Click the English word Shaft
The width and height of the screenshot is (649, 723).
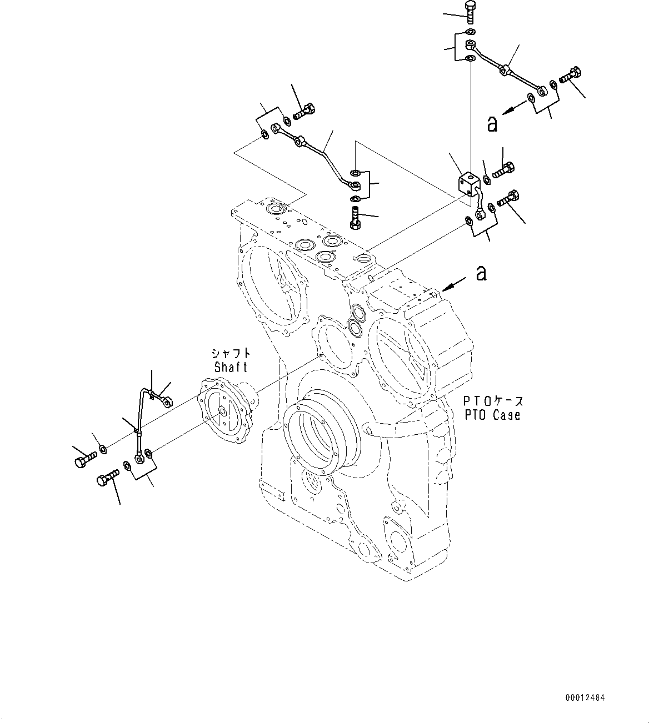pos(231,367)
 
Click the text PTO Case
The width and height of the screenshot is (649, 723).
pos(492,414)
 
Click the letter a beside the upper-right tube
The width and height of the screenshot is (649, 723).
pos(492,124)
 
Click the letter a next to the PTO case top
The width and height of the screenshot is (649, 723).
pos(481,273)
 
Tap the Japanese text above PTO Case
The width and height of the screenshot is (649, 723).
pos(492,400)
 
